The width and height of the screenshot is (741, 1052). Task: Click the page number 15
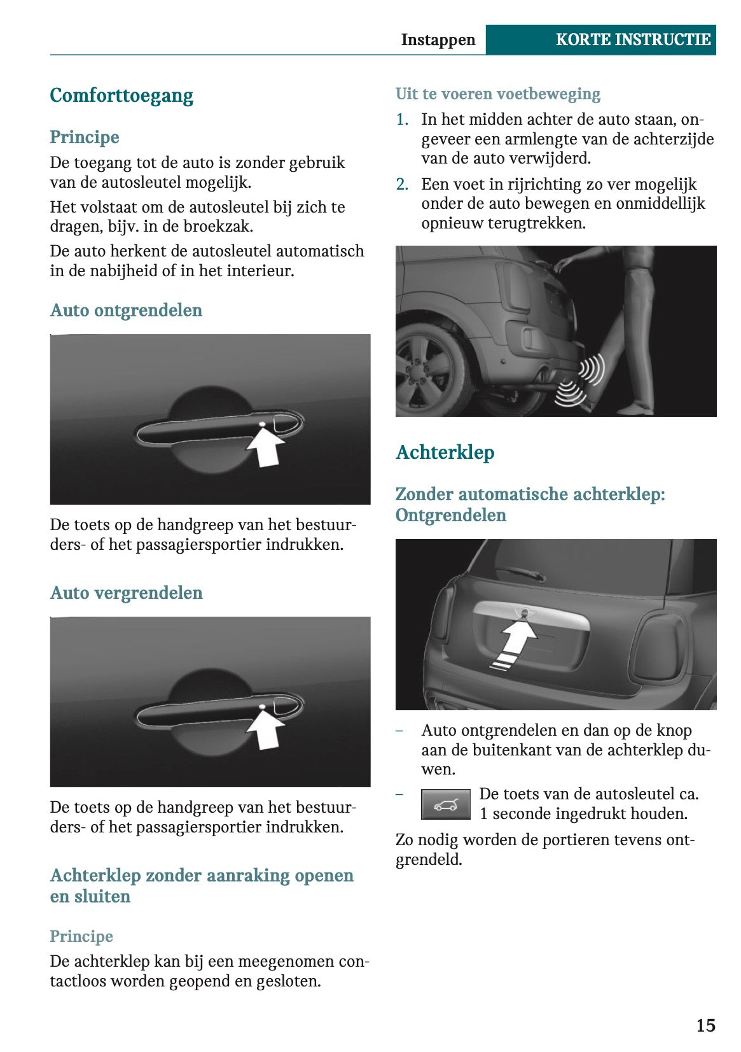[705, 1025]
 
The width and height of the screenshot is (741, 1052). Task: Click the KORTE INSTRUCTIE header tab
[632, 39]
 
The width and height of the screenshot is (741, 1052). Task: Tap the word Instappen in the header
[438, 39]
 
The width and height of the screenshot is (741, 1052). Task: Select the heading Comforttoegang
[121, 95]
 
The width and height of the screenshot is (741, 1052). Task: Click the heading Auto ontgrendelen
[126, 310]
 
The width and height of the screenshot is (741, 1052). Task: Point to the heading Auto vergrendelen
[126, 593]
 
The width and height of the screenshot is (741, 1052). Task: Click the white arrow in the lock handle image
[265, 729]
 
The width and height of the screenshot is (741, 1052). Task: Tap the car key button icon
[445, 805]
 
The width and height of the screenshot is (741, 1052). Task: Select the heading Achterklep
[445, 452]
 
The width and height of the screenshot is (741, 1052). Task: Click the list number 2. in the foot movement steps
[402, 185]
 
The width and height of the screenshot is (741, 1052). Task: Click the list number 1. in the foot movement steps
[402, 120]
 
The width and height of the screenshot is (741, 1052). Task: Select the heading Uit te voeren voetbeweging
[497, 94]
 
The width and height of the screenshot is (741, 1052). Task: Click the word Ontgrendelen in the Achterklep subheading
[450, 515]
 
